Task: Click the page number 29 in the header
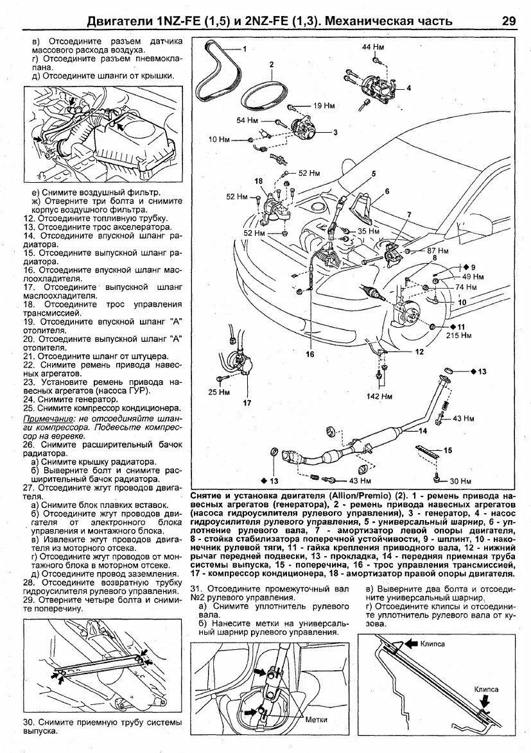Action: pos(509,21)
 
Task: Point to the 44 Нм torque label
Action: pos(374,47)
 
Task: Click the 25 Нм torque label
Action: pos(220,391)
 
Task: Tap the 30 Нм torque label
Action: pos(462,480)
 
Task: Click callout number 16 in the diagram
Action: pos(310,353)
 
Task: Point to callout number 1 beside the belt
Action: pos(244,49)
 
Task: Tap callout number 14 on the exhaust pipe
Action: pos(422,430)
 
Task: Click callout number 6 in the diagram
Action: pos(387,190)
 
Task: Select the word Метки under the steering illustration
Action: pos(317,720)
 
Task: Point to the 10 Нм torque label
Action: pos(220,139)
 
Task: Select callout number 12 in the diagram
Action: pos(419,351)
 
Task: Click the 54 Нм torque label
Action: pos(247,120)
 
